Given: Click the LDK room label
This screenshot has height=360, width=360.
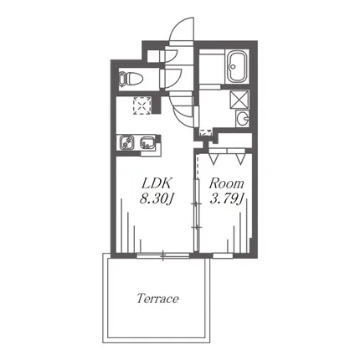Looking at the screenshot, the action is tap(157, 183).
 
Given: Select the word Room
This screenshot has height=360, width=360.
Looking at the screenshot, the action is tap(226, 183).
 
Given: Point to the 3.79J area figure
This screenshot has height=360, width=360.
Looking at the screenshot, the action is tap(227, 198).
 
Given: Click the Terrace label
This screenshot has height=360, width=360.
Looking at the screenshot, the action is tap(157, 299).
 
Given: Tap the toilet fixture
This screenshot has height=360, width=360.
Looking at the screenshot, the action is tap(131, 78).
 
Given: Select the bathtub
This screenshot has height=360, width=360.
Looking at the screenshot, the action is tap(237, 66).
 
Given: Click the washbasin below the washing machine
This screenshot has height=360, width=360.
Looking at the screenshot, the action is tap(243, 119).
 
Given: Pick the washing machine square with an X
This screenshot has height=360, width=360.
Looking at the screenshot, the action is tap(239, 99).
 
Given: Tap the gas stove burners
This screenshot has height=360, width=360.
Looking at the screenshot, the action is tap(128, 142).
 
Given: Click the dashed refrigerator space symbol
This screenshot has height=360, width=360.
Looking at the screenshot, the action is tap(142, 105).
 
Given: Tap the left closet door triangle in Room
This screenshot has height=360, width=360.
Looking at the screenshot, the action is tap(213, 158).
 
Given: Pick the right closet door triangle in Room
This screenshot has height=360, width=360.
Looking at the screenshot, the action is tap(239, 158).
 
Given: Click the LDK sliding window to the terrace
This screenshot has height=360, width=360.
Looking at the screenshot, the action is tap(163, 255).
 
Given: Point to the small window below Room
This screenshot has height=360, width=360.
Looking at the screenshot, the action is tap(223, 255).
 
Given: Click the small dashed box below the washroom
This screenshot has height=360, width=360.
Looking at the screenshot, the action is tap(205, 132).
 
